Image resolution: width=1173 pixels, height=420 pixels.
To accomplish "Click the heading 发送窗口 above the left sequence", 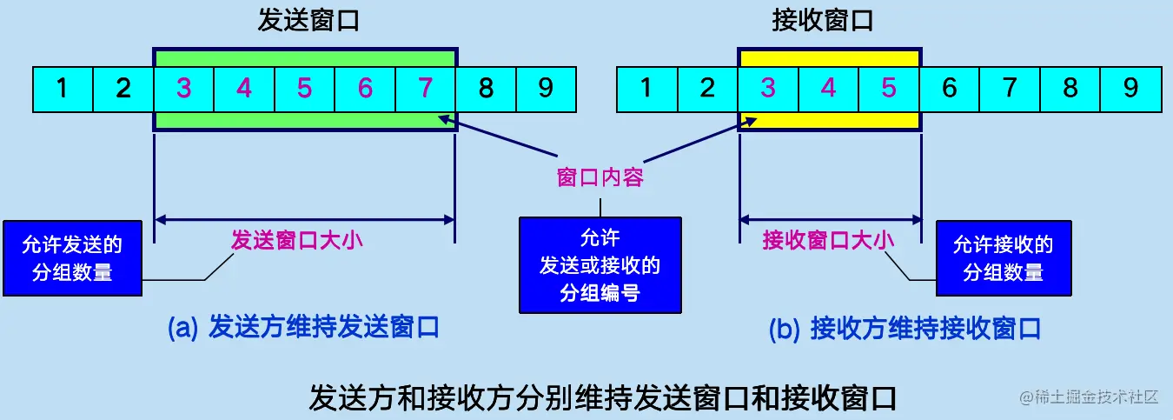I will pyautogui.click(x=308, y=22).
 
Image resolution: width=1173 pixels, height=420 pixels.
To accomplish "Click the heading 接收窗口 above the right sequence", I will pyautogui.click(x=822, y=22).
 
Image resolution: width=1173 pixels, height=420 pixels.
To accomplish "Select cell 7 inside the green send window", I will pyautogui.click(x=425, y=88).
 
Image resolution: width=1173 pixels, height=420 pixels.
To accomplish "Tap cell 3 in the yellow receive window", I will pyautogui.click(x=768, y=88).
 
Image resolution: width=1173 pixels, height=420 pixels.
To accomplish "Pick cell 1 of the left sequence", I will pyautogui.click(x=62, y=88).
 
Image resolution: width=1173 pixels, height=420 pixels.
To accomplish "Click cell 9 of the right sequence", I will pyautogui.click(x=1130, y=88).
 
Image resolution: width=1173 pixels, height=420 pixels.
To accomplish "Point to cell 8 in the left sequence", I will pyautogui.click(x=486, y=88).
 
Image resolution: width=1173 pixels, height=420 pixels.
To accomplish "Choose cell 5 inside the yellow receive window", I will pyautogui.click(x=889, y=88).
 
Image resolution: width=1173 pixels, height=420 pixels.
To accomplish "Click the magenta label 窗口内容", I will pyautogui.click(x=600, y=178).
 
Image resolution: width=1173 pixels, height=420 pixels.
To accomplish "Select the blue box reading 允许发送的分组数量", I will pyautogui.click(x=72, y=258).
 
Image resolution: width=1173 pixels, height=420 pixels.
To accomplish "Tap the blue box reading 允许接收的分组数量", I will pyautogui.click(x=1003, y=258).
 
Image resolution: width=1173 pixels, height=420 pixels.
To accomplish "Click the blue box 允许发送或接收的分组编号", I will pyautogui.click(x=600, y=264).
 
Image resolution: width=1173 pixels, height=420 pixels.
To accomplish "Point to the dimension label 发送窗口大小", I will pyautogui.click(x=296, y=240).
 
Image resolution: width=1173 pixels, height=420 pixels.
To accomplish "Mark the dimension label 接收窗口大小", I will pyautogui.click(x=828, y=240).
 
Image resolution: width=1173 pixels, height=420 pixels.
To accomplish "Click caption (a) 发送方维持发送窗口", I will pyautogui.click(x=303, y=327).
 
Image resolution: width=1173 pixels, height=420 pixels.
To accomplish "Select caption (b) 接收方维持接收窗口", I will pyautogui.click(x=905, y=329).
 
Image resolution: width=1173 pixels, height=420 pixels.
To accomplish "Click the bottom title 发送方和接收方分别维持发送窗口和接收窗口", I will pyautogui.click(x=602, y=397).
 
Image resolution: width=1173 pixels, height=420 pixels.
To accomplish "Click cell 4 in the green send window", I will pyautogui.click(x=244, y=88).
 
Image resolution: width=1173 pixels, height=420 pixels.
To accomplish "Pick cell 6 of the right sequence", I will pyautogui.click(x=949, y=88).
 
